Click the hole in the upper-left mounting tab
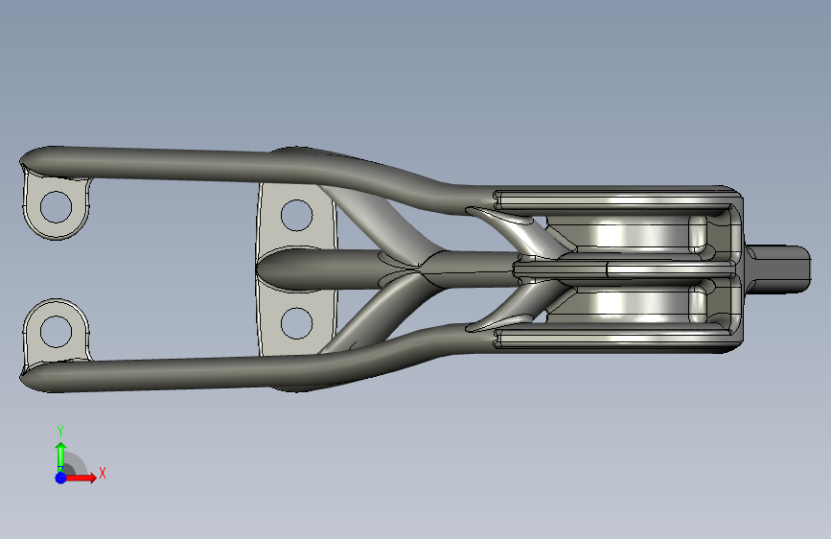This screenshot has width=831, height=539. click(56, 207)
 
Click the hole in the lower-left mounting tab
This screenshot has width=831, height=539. click(56, 332)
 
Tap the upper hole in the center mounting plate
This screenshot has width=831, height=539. click(296, 215)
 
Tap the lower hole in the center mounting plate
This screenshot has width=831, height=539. click(296, 323)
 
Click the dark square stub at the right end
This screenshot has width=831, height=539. click(778, 269)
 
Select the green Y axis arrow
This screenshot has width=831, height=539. click(61, 456)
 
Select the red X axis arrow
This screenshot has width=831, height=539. click(80, 478)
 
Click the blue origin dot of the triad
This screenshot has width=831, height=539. click(61, 478)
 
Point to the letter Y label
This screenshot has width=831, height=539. click(60, 432)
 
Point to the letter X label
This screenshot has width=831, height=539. click(103, 473)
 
